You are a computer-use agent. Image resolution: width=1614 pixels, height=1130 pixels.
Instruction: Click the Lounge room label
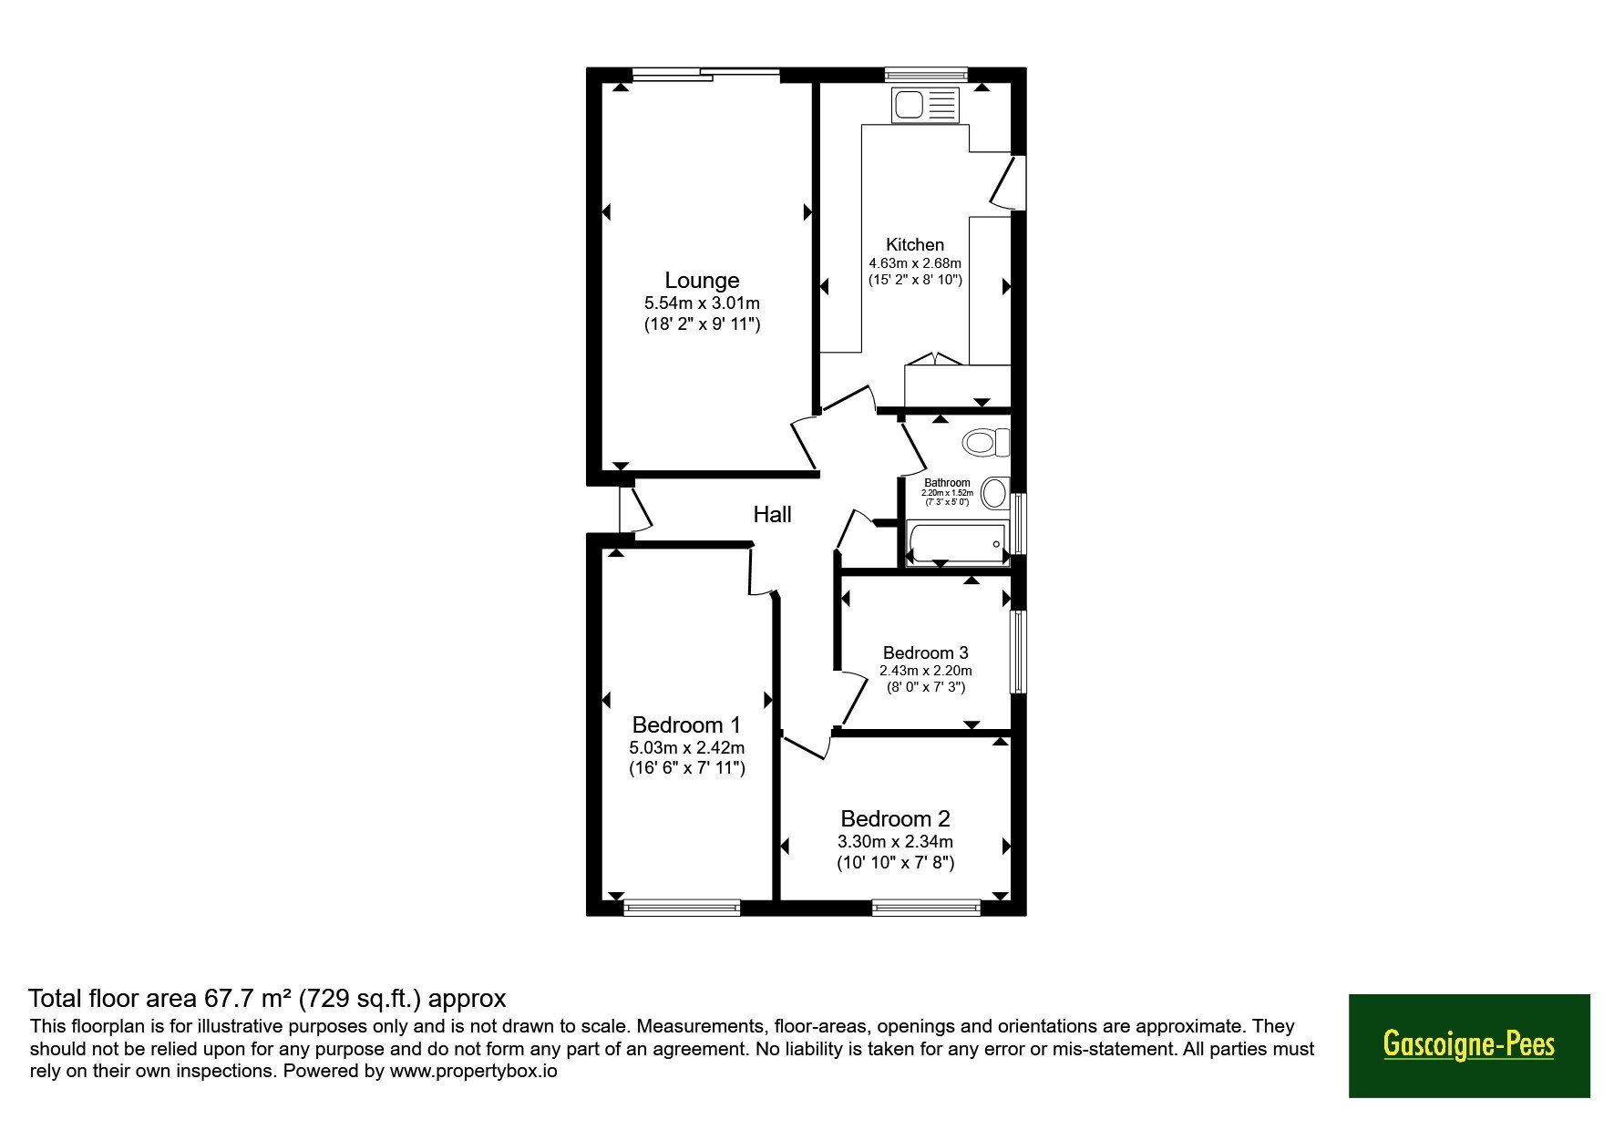click(x=702, y=281)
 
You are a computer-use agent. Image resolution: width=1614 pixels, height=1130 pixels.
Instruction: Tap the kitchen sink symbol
click(x=926, y=105)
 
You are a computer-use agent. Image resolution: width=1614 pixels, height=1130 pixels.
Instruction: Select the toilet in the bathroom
click(x=986, y=443)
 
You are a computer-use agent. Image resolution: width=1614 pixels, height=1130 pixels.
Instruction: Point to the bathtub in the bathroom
click(x=956, y=544)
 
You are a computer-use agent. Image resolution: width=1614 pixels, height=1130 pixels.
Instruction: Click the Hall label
click(x=772, y=515)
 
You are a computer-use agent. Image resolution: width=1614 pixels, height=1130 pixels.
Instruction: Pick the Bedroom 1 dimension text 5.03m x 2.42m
click(x=687, y=747)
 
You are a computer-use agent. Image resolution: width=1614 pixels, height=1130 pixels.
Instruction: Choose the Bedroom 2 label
click(x=896, y=818)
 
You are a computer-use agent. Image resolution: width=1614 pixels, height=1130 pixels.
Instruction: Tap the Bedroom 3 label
click(x=926, y=652)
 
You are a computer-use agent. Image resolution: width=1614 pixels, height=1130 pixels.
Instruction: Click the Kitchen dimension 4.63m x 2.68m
click(x=915, y=263)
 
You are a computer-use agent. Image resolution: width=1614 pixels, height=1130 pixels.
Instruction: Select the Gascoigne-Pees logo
click(x=1469, y=1045)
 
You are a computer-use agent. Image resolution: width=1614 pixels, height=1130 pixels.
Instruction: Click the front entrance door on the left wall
click(x=634, y=509)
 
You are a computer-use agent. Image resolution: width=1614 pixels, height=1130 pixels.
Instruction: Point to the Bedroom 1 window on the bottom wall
click(x=682, y=907)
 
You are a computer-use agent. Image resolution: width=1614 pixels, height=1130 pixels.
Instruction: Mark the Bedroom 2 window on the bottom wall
click(x=926, y=907)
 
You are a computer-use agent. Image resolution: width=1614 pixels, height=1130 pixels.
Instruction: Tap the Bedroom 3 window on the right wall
click(x=1019, y=652)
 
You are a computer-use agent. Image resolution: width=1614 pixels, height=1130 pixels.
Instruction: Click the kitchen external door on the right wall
click(x=1008, y=182)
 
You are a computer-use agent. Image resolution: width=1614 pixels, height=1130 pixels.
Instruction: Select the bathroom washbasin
click(x=995, y=494)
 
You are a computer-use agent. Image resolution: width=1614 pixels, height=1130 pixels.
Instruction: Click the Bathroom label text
click(x=948, y=483)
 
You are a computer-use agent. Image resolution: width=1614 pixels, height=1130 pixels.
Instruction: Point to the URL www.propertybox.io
click(x=474, y=1071)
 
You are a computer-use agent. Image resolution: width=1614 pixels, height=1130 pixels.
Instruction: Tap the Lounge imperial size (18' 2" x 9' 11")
click(x=702, y=324)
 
